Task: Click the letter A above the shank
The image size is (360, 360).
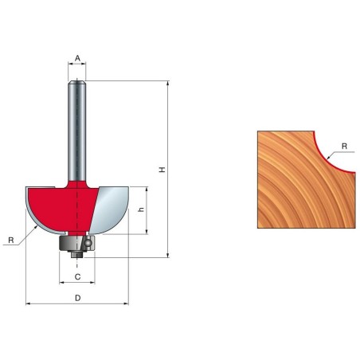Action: [77, 57]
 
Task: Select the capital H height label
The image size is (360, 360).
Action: [161, 170]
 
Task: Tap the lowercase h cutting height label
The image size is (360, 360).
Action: [140, 210]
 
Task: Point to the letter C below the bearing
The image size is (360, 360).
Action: [77, 276]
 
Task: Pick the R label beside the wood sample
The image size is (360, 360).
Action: [343, 146]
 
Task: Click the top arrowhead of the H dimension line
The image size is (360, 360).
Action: [167, 84]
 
